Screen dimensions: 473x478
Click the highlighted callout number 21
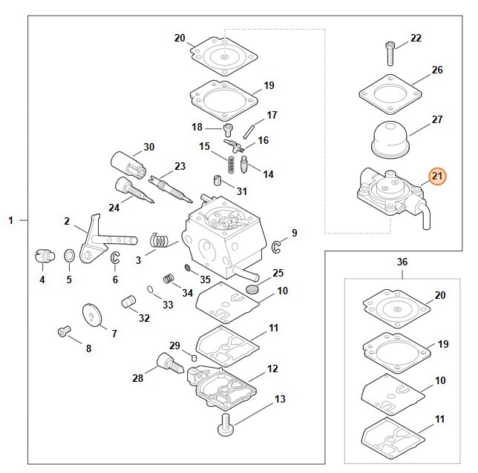[436, 176]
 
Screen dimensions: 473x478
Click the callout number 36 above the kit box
[402, 262]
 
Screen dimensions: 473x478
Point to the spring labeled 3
[157, 241]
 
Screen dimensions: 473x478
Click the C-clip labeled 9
[276, 245]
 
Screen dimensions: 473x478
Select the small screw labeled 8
[63, 333]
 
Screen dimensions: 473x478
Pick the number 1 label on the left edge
[11, 220]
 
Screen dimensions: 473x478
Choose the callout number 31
[242, 191]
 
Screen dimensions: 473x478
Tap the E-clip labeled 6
[116, 259]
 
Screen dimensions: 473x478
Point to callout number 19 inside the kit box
[443, 344]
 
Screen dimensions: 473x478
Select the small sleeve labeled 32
[128, 302]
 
